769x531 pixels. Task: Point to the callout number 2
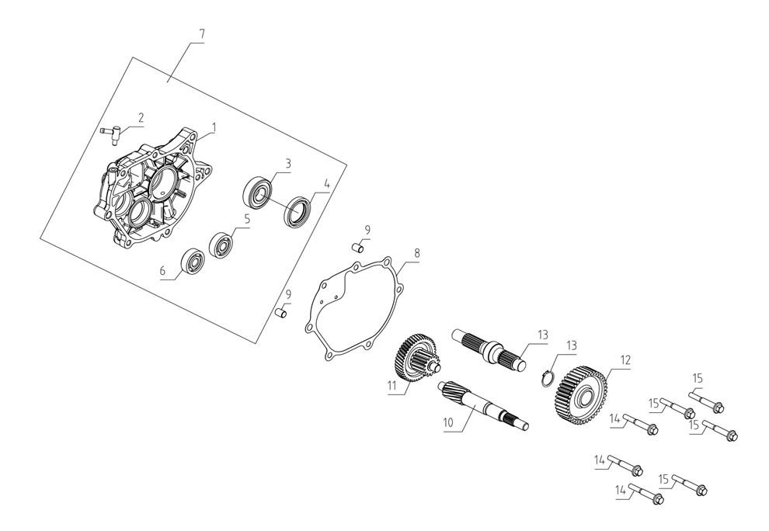pyautogui.click(x=141, y=118)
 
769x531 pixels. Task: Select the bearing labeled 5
pyautogui.click(x=221, y=245)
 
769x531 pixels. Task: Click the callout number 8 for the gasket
pyautogui.click(x=416, y=253)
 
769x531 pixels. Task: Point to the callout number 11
pyautogui.click(x=393, y=385)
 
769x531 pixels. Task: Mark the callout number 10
pyautogui.click(x=447, y=423)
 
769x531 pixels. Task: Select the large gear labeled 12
pyautogui.click(x=582, y=395)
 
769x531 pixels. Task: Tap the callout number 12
pyautogui.click(x=625, y=361)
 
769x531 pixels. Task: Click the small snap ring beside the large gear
pyautogui.click(x=547, y=377)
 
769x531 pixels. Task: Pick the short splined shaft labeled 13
pyautogui.click(x=489, y=348)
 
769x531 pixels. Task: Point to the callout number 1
pyautogui.click(x=214, y=127)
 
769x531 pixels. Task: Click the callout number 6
pyautogui.click(x=163, y=272)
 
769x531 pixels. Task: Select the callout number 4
pyautogui.click(x=327, y=185)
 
